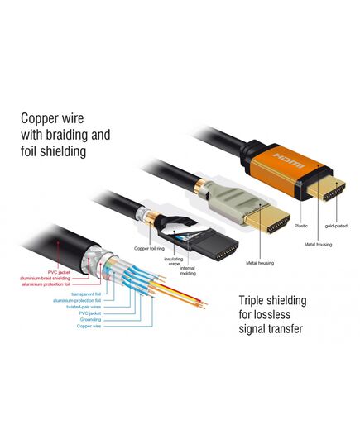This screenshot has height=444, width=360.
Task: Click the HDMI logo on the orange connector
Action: (x=289, y=161)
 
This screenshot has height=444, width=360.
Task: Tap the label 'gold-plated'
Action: (x=336, y=226)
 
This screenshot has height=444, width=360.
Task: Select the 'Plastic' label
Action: (x=300, y=226)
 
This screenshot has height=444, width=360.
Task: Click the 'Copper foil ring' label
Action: (x=149, y=248)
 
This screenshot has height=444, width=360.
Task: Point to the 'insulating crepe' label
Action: (x=174, y=261)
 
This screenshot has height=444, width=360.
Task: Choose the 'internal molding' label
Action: (x=188, y=270)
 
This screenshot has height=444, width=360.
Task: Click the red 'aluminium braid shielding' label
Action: (x=45, y=279)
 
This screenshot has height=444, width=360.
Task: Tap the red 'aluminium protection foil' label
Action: (x=46, y=284)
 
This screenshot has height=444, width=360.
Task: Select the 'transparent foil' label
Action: (x=86, y=294)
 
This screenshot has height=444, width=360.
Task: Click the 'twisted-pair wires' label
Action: (x=84, y=307)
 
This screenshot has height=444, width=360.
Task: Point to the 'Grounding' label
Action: (x=90, y=320)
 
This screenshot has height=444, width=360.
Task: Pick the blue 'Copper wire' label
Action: (x=89, y=327)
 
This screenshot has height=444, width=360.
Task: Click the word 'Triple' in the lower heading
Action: (x=252, y=301)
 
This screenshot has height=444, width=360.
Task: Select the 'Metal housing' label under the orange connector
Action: (x=318, y=245)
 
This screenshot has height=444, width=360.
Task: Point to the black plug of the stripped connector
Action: (x=214, y=246)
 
